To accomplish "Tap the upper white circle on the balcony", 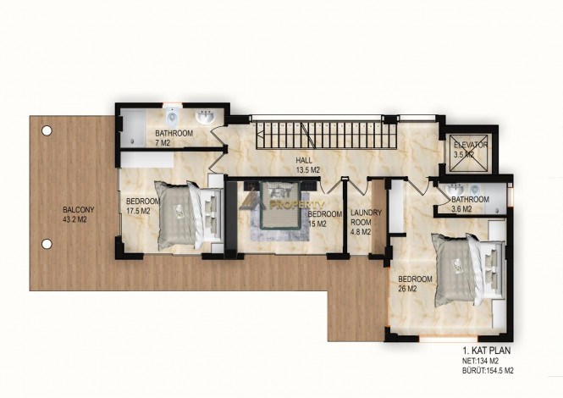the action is [47, 130].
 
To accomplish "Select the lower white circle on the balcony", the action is [47, 244].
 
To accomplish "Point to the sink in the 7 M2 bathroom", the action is [206, 117].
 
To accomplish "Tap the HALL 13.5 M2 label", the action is [307, 165].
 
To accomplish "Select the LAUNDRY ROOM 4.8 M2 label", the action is [366, 223].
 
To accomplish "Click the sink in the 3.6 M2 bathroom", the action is [454, 190].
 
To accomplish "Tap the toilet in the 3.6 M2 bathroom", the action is [475, 190].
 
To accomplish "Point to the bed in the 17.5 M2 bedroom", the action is [188, 215].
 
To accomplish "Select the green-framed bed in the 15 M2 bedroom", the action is [280, 205].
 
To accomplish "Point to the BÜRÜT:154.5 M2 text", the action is [488, 371].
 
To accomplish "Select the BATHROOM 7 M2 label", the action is [174, 138].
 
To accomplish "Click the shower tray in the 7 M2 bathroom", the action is [133, 128].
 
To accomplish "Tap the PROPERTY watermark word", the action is [296, 205].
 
